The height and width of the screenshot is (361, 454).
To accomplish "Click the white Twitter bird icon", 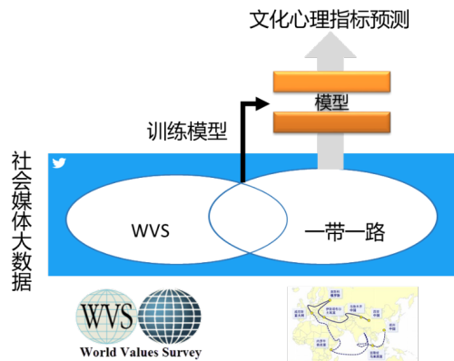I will click(x=60, y=164).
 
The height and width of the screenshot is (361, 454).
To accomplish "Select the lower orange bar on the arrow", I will click(x=331, y=119).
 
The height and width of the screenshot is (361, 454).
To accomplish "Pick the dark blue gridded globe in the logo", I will click(x=171, y=317).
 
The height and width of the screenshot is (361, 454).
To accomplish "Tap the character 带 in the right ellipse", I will click(x=332, y=233).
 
